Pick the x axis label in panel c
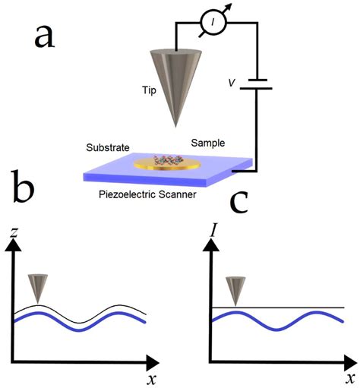coord(348,377)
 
